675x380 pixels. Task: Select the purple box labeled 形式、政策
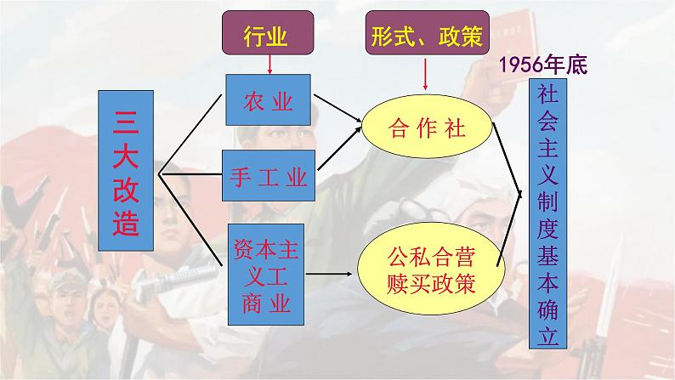pyautogui.click(x=425, y=36)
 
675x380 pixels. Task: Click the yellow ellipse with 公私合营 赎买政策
pyautogui.click(x=425, y=267)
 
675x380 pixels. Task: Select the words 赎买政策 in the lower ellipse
pyautogui.click(x=425, y=281)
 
